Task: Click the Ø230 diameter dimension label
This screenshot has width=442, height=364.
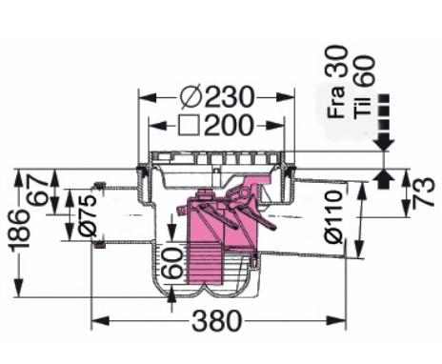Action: (217, 96)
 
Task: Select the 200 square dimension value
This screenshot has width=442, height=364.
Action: (229, 125)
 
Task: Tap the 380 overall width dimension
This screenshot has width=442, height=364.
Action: (217, 320)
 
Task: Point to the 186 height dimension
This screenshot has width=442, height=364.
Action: (20, 230)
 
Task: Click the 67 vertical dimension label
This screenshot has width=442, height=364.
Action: (38, 191)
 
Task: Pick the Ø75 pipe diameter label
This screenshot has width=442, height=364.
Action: (87, 215)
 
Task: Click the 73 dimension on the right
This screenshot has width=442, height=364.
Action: (423, 193)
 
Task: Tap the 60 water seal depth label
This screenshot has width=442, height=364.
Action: (172, 262)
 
